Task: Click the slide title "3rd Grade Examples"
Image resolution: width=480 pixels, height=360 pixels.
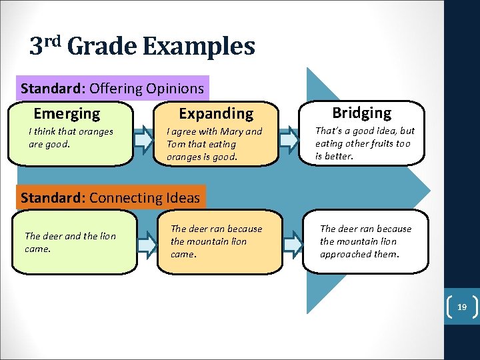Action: pyautogui.click(x=142, y=47)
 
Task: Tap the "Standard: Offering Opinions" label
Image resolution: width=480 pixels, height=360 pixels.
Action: pyautogui.click(x=112, y=88)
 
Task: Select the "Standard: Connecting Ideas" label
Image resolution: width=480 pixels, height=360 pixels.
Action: pyautogui.click(x=111, y=197)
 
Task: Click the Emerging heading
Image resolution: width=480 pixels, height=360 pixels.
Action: pyautogui.click(x=67, y=113)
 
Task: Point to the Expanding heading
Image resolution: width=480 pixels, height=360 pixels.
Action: pyautogui.click(x=216, y=113)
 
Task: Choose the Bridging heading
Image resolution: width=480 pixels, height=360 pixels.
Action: pyautogui.click(x=362, y=113)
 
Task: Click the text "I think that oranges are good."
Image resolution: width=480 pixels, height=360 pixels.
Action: pyautogui.click(x=71, y=137)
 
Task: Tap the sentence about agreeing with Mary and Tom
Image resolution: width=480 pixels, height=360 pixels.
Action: pyautogui.click(x=214, y=144)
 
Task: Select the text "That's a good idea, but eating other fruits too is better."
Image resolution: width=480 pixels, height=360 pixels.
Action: pyautogui.click(x=364, y=143)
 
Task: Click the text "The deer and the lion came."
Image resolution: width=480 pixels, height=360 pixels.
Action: pyautogui.click(x=70, y=242)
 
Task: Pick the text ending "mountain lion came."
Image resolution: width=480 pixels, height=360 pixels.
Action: pyautogui.click(x=216, y=241)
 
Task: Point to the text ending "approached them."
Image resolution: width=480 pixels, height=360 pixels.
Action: pyautogui.click(x=365, y=241)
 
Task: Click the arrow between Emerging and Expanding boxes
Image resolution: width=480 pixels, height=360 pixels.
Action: pyautogui.click(x=143, y=139)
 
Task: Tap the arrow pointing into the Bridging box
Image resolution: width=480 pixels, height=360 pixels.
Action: pyautogui.click(x=289, y=139)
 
